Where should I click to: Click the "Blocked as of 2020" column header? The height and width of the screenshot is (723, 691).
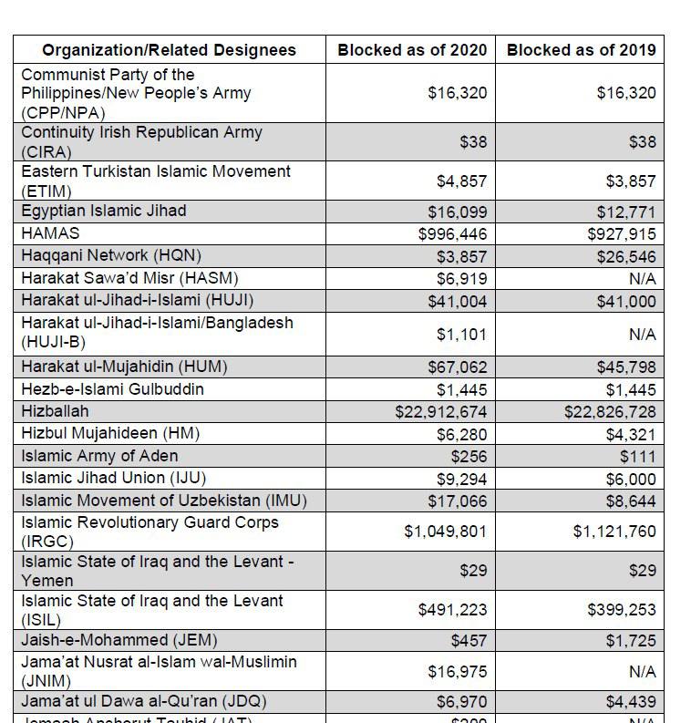pos(412,49)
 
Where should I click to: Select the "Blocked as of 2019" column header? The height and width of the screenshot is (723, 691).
pos(581,49)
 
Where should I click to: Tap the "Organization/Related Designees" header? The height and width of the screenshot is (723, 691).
pos(170,49)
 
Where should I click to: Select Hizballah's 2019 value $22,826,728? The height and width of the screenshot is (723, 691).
pos(610,411)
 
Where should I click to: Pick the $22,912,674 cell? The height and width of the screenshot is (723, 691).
pos(441,411)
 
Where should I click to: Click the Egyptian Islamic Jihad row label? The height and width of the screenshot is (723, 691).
pos(104,211)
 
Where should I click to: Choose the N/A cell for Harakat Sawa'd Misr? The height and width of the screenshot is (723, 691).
pos(642,278)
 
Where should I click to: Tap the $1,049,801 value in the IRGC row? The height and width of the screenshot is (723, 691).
pos(446,531)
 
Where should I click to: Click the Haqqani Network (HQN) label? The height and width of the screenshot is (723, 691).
pos(111,255)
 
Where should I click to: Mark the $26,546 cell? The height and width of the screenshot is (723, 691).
pos(626,256)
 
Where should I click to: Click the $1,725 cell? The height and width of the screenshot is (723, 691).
pos(631,641)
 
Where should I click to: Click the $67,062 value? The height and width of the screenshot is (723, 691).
pos(458,367)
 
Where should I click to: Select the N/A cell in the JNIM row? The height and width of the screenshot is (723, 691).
pos(642,672)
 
